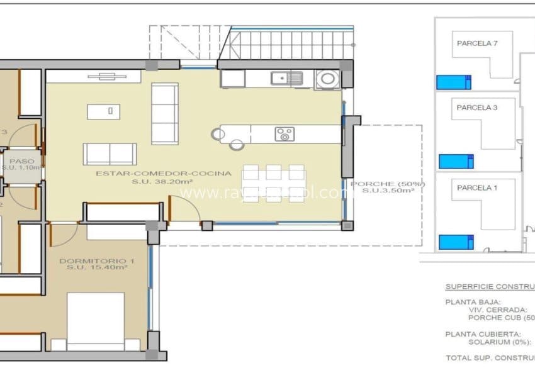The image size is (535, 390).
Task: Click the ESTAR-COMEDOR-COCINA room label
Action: click(x=163, y=172)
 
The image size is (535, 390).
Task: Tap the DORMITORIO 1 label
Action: click(x=97, y=260)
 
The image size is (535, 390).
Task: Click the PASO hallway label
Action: click(x=22, y=160)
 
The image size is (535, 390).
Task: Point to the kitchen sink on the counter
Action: click(x=287, y=78)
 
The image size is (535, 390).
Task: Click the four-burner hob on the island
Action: click(x=284, y=134)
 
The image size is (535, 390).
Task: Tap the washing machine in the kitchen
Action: click(x=327, y=79)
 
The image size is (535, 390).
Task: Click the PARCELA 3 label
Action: click(x=476, y=108)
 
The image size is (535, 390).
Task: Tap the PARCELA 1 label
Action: click(x=476, y=187)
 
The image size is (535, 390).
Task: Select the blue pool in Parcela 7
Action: click(x=454, y=82)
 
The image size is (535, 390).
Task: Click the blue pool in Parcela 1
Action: click(x=455, y=242)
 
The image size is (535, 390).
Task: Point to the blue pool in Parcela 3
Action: click(x=456, y=161)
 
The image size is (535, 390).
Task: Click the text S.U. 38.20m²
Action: click(x=163, y=181)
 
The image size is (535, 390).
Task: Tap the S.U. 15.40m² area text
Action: click(x=97, y=267)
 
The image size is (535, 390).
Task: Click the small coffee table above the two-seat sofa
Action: click(x=105, y=111)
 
